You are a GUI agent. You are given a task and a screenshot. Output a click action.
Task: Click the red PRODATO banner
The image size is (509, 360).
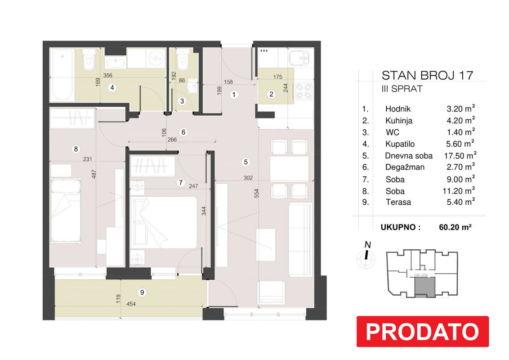click(422, 331)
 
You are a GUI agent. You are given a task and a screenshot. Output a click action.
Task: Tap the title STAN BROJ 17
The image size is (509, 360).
click(427, 76)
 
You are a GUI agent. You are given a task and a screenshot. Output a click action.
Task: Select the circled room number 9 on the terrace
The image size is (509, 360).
click(142, 292)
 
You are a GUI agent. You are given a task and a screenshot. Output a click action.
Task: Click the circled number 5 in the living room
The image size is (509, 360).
click(246, 162)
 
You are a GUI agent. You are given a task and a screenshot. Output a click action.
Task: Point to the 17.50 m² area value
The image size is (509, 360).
click(460, 155)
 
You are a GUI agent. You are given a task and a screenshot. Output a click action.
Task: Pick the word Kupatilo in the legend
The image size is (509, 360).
click(400, 144)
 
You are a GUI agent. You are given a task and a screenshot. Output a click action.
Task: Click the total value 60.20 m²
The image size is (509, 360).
click(455, 227)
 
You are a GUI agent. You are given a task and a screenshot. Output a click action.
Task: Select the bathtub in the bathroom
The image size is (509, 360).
click(62, 75)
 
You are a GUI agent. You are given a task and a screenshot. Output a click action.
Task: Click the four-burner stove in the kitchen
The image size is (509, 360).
click(304, 91)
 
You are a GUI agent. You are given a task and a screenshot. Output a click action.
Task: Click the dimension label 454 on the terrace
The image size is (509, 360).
click(131, 304)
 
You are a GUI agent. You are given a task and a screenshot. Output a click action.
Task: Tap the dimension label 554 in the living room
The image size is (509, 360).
click(257, 193)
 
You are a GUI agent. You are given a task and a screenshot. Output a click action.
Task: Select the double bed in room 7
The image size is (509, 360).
click(164, 223)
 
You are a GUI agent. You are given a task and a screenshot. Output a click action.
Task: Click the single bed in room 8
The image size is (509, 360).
click(66, 210)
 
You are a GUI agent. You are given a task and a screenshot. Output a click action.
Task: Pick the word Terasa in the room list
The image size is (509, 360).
click(398, 202)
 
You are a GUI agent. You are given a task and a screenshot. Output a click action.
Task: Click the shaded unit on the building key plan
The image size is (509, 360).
click(424, 287)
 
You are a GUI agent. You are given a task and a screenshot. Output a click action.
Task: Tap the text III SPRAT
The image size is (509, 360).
click(402, 89)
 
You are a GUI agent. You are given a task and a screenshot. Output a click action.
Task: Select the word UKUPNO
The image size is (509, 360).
click(401, 227)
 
